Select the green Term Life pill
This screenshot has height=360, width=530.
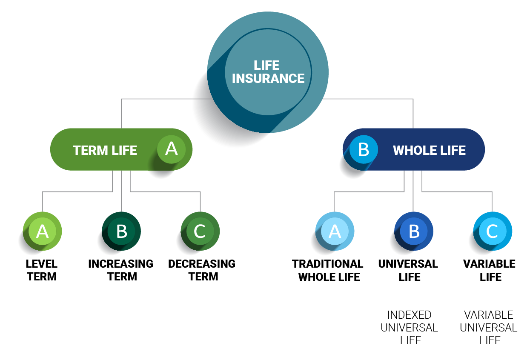click(105, 150)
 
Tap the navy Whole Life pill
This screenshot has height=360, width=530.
click(429, 150)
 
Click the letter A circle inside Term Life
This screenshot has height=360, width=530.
click(171, 149)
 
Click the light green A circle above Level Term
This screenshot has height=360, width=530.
click(42, 231)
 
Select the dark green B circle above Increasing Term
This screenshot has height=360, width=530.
click(121, 231)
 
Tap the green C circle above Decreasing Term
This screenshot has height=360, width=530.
click(200, 231)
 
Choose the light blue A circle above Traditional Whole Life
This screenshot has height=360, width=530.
click(335, 231)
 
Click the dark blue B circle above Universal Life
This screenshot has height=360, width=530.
click(414, 231)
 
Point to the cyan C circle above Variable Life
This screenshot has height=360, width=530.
click(493, 231)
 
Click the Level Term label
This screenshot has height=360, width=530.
click(42, 270)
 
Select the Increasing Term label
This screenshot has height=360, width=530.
click(121, 270)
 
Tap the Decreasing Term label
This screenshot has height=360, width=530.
click(202, 270)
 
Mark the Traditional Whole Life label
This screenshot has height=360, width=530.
click(328, 271)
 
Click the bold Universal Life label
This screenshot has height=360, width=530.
click(408, 271)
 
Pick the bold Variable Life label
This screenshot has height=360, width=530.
click(490, 271)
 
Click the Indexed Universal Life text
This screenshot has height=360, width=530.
click(409, 328)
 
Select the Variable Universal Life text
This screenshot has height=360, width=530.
click(489, 328)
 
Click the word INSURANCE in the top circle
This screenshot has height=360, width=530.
click(268, 79)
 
